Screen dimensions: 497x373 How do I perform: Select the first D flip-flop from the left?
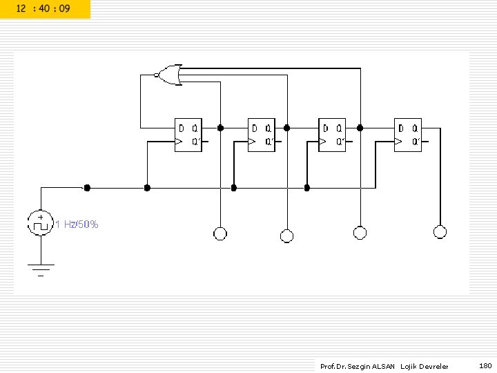click(x=188, y=135)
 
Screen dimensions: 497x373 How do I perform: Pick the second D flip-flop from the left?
click(x=262, y=135)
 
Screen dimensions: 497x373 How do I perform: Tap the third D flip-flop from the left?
click(x=333, y=135)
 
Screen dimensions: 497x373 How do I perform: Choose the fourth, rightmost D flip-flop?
click(x=408, y=135)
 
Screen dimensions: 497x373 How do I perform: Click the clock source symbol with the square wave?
click(x=40, y=222)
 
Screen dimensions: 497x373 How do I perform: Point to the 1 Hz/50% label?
click(x=77, y=224)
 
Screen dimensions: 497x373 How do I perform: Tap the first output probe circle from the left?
click(x=220, y=233)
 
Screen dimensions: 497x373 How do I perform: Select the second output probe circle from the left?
click(x=286, y=236)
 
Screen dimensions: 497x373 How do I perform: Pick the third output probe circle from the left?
click(x=359, y=232)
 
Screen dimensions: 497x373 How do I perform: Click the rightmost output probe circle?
click(x=440, y=232)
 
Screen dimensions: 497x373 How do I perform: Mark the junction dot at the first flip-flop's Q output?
click(x=220, y=128)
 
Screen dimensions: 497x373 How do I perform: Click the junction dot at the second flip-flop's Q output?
click(x=286, y=128)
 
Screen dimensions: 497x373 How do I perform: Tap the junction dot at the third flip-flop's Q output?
click(x=359, y=128)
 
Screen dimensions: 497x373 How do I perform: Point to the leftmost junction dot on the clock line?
click(x=87, y=187)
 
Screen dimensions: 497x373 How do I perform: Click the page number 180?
click(x=485, y=365)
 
